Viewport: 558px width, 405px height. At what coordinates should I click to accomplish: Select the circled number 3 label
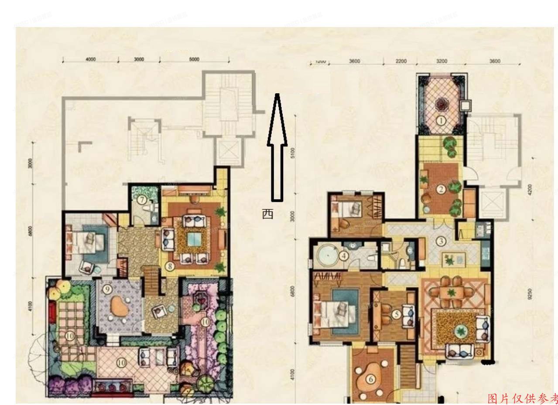(441, 241)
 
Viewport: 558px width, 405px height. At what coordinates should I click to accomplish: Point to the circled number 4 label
(344, 255)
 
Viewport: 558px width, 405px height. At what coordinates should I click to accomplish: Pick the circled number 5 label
(396, 314)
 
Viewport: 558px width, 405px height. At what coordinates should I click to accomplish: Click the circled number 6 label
(371, 380)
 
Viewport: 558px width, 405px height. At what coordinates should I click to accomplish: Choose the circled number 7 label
(142, 200)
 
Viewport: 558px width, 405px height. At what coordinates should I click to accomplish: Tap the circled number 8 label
(170, 265)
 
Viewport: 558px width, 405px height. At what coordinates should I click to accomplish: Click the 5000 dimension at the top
(194, 59)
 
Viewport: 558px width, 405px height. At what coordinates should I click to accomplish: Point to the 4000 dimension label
(91, 59)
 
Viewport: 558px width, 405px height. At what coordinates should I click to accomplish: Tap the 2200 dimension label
(401, 61)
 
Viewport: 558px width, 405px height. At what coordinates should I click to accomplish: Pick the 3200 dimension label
(442, 61)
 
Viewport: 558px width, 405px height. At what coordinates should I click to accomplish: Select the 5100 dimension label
(293, 153)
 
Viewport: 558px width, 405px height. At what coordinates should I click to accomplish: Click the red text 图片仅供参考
(522, 398)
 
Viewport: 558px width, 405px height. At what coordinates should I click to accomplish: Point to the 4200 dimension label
(530, 190)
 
